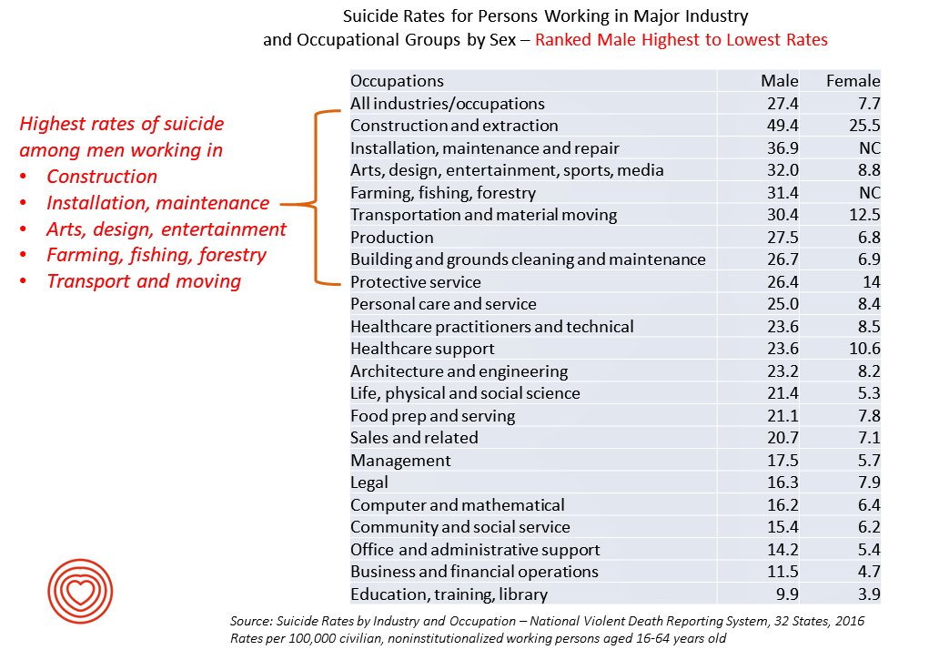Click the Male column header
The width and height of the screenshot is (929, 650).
click(779, 81)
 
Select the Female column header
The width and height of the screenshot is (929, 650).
click(853, 81)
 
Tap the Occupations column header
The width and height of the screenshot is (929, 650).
click(397, 81)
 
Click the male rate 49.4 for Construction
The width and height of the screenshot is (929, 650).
click(782, 126)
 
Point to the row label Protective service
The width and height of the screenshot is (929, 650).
click(415, 282)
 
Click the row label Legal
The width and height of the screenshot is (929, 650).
click(369, 482)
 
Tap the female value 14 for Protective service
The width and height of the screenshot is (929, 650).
click(871, 282)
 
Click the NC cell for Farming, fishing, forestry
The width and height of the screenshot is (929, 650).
click(869, 193)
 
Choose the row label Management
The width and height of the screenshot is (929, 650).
click(400, 461)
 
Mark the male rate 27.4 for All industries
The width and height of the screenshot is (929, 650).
click(782, 104)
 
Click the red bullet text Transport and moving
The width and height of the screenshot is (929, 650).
click(143, 281)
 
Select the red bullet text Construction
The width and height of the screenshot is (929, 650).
click(102, 177)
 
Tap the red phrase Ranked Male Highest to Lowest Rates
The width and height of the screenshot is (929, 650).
click(681, 40)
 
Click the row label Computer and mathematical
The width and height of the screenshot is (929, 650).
click(457, 505)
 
